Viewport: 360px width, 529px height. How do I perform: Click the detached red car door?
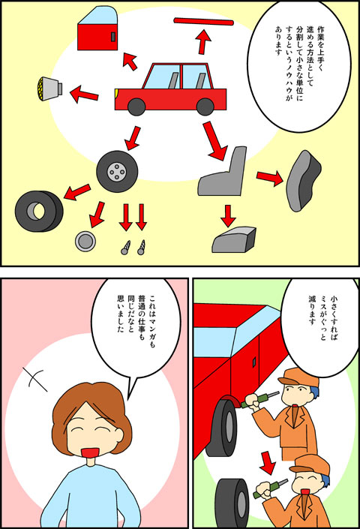click(x=97, y=30)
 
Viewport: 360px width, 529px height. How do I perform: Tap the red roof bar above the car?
click(x=203, y=22)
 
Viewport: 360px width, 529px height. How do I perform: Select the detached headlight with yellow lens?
click(x=49, y=89)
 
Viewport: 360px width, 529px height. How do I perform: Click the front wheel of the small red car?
click(x=136, y=107)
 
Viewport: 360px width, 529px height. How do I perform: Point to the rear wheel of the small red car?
click(x=205, y=107)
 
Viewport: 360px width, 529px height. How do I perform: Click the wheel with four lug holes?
click(x=117, y=171)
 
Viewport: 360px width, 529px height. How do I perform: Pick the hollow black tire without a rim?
click(x=39, y=211)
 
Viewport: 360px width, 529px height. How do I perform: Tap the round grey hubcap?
click(x=85, y=241)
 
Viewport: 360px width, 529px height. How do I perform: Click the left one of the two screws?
click(x=125, y=248)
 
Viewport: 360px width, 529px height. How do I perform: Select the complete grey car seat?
click(x=223, y=173)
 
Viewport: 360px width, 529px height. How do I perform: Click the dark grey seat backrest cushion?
click(x=303, y=181)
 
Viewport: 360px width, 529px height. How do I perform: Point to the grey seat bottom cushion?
click(x=233, y=240)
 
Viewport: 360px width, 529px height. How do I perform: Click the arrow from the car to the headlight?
click(x=84, y=94)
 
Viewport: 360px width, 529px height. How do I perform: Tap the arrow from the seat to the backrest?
click(x=270, y=177)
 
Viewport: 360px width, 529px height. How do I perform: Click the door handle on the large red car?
click(x=254, y=362)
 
